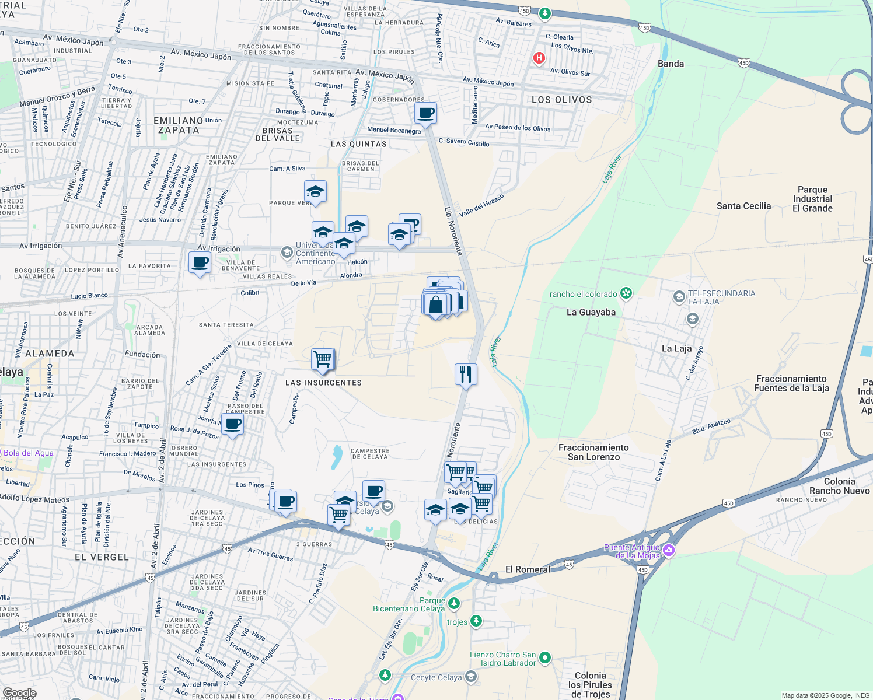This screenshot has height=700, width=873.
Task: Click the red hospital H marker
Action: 539,58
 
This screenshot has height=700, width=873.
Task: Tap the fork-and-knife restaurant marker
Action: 466,374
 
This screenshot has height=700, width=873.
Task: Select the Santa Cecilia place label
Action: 743,206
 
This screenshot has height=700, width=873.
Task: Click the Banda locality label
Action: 671,64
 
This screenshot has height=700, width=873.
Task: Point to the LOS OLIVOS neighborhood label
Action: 561,100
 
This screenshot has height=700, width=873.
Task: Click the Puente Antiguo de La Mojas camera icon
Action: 669,550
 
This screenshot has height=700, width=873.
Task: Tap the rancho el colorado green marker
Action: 626,293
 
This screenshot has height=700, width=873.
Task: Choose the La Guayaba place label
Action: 591,312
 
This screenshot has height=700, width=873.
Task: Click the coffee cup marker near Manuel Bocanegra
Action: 426,113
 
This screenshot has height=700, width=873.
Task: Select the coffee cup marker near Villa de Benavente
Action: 200,262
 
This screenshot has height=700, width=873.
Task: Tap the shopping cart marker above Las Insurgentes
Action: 323,359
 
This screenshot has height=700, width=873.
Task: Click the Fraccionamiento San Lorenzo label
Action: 593,452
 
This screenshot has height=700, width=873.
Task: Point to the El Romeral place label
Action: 528,569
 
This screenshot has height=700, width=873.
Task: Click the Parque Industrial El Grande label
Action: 812,199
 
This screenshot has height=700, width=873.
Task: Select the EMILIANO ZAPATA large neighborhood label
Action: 179,125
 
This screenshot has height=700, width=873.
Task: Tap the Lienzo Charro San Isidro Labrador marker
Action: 545,657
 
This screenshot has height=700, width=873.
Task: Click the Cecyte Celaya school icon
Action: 471,677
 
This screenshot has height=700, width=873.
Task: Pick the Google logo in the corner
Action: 19,693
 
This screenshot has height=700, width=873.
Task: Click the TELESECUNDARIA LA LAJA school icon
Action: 679,297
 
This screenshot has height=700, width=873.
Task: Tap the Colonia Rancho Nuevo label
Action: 839,486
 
